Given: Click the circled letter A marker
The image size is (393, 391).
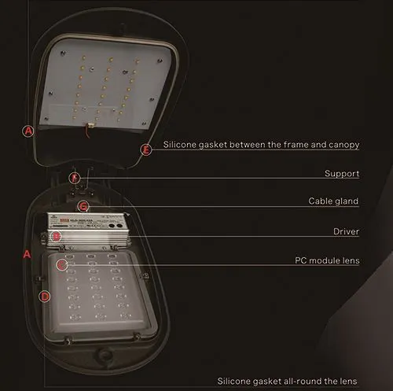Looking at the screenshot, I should (29, 131).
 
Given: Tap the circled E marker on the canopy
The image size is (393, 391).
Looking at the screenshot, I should (145, 149).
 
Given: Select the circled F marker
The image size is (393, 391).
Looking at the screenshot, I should (75, 178).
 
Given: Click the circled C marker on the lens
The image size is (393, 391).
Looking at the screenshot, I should (62, 264).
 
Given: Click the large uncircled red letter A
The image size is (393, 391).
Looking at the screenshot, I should (26, 255).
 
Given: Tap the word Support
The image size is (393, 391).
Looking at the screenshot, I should (342, 173).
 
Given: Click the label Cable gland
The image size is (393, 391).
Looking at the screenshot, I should (333, 201).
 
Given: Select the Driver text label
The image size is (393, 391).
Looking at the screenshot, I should (346, 231).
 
